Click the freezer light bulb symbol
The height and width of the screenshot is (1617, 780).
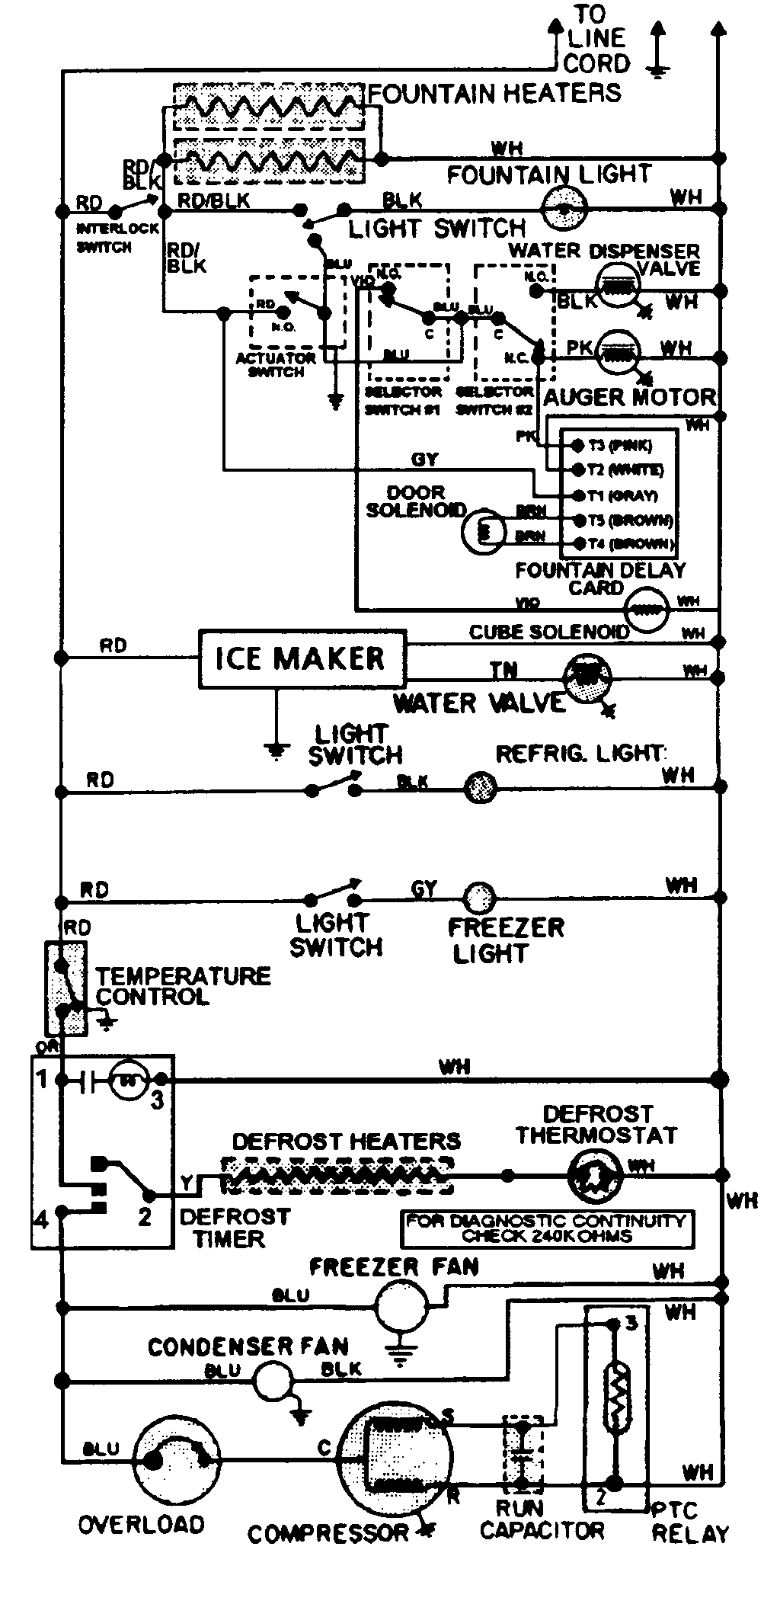(480, 897)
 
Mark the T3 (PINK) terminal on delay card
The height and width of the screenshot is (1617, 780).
(577, 445)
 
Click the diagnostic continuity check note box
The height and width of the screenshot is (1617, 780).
(548, 1228)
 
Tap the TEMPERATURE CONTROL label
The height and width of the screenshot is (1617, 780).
(183, 986)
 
